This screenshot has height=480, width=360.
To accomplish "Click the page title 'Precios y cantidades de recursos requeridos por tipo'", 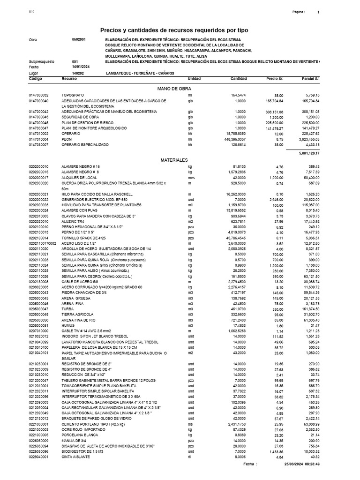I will (x=174, y=30).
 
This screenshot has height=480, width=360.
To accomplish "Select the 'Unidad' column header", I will (x=194, y=78).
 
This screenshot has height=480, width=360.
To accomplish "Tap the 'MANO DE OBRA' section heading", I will (x=173, y=88).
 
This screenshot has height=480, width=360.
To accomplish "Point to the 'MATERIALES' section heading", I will (x=174, y=160).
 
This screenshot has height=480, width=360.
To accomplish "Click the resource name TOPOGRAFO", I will (x=73, y=96).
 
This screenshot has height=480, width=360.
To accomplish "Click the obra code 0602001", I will (x=79, y=39).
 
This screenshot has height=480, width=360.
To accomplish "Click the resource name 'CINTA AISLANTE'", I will (x=75, y=456).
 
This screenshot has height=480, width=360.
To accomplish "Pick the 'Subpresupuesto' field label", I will (x=42, y=61).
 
